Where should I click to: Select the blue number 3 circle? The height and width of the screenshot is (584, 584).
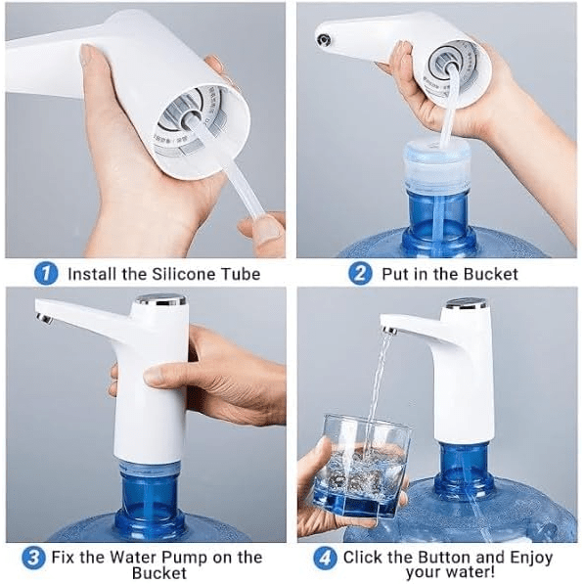34,559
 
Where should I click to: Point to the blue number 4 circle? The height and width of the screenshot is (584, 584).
326,559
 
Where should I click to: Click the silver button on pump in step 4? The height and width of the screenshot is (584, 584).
467,304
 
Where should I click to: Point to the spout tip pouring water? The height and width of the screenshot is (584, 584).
388,331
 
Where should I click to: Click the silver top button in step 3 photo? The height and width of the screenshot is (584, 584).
160,299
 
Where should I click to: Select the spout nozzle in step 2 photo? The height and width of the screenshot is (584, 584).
322,38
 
